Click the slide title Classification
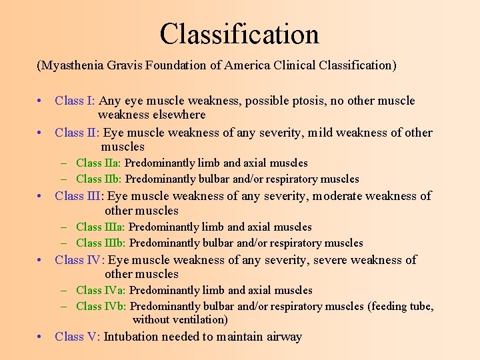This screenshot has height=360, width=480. (239, 34)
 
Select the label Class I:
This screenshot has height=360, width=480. (75, 101)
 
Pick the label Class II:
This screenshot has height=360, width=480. (77, 132)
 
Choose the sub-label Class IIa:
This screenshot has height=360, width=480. (99, 163)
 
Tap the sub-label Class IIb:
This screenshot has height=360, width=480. (99, 179)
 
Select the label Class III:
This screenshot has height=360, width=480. (79, 195)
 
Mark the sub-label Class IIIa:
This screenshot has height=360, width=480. (101, 227)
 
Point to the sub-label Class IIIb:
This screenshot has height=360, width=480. (101, 243)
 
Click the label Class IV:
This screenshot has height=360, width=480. (79, 259)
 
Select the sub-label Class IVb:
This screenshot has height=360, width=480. (101, 306)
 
